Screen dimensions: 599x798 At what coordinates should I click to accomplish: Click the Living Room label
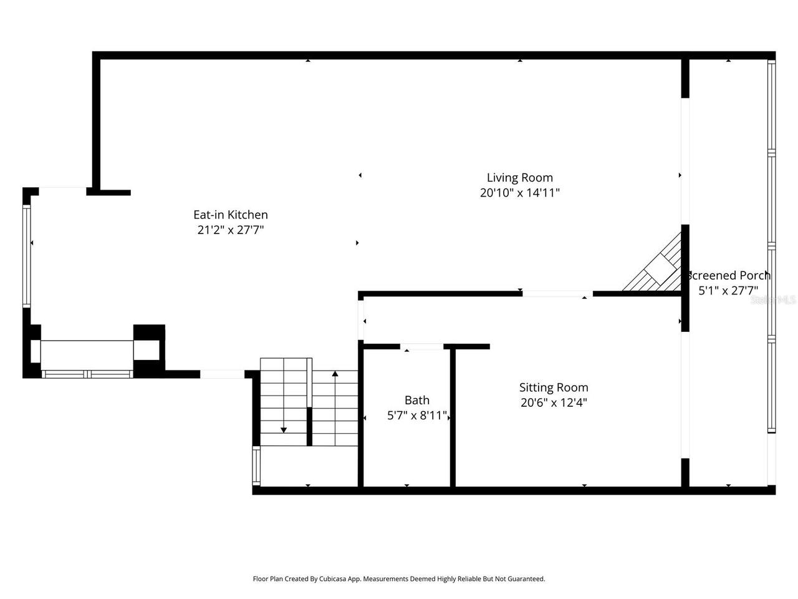tap(519, 178)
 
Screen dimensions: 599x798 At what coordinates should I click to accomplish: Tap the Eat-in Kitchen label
tap(231, 215)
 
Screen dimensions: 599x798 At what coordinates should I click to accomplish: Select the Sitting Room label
tap(554, 387)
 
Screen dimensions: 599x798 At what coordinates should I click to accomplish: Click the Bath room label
tap(417, 401)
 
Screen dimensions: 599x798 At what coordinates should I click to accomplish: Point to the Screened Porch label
tap(729, 275)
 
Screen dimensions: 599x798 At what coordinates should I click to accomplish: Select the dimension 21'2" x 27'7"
tap(231, 230)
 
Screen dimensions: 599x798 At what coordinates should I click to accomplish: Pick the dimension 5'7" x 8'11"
tap(417, 416)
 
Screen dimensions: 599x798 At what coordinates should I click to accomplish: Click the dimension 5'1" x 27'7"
tap(727, 290)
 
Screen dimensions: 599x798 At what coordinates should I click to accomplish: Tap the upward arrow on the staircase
tap(335, 374)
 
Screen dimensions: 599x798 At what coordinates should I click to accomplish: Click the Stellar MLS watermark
tap(773, 299)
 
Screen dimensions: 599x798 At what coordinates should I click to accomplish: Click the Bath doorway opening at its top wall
tap(421, 346)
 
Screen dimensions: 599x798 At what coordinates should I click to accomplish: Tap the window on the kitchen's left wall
tap(26, 256)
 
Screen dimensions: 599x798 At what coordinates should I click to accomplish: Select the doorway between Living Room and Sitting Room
tap(557, 293)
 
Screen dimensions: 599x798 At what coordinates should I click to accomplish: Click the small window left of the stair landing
tap(256, 466)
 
